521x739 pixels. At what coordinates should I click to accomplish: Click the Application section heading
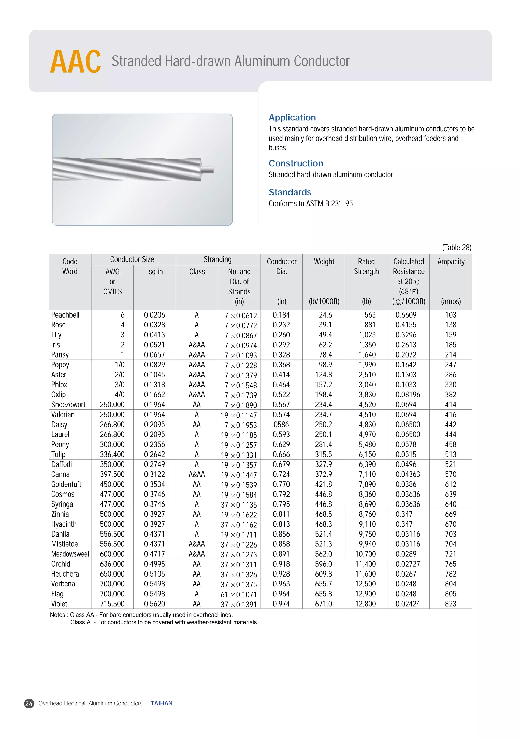pyautogui.click(x=292, y=117)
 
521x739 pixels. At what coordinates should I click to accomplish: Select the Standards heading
pyautogui.click(x=290, y=192)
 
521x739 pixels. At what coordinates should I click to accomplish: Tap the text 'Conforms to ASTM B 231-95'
pyautogui.click(x=310, y=203)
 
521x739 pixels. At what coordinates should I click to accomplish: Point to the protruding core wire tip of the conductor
pyautogui.click(x=208, y=170)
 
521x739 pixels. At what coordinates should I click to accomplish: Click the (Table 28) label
pyautogui.click(x=456, y=247)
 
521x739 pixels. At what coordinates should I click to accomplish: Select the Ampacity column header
pyautogui.click(x=451, y=262)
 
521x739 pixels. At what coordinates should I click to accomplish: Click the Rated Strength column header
pyautogui.click(x=366, y=267)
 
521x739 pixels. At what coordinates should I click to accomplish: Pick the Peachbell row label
pyautogui.click(x=65, y=315)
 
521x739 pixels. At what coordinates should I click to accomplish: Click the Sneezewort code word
pyautogui.click(x=68, y=405)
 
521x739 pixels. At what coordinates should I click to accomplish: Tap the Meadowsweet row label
pyautogui.click(x=70, y=554)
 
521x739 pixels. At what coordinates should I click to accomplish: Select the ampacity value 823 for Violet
pyautogui.click(x=450, y=604)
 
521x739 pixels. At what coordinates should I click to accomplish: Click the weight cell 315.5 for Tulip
pyautogui.click(x=324, y=455)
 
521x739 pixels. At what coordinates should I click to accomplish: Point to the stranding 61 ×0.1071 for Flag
pyautogui.click(x=239, y=594)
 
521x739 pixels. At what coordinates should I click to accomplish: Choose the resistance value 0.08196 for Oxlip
pyautogui.click(x=408, y=395)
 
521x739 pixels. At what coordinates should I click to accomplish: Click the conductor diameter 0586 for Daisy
pyautogui.click(x=281, y=425)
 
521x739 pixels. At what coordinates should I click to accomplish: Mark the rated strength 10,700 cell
pyautogui.click(x=365, y=554)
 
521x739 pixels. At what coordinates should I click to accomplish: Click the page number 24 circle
pyautogui.click(x=29, y=703)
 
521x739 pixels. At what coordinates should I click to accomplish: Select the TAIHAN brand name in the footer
pyautogui.click(x=162, y=703)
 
